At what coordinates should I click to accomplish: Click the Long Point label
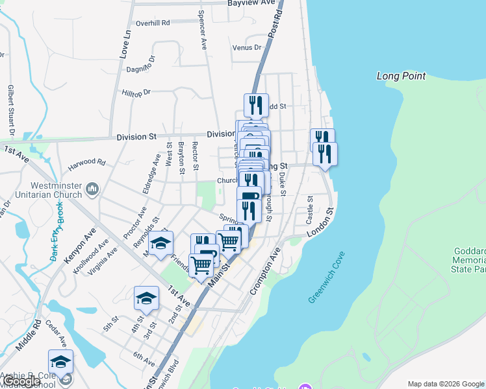click(x=401, y=76)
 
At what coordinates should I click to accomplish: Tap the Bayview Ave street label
click(x=251, y=3)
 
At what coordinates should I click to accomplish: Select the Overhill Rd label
click(x=152, y=23)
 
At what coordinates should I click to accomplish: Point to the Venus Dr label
click(x=246, y=47)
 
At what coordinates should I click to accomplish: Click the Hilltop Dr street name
click(x=136, y=93)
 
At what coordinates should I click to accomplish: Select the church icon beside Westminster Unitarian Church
click(x=92, y=189)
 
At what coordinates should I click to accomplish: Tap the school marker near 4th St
click(x=146, y=299)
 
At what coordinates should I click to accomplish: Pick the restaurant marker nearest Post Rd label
click(x=255, y=106)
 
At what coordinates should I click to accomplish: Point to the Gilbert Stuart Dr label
click(x=11, y=110)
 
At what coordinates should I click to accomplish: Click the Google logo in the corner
click(x=21, y=382)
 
